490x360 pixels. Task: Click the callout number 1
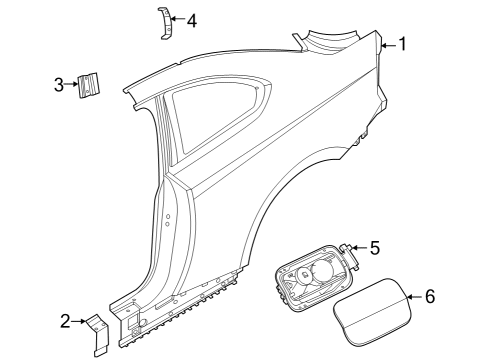point(402,44)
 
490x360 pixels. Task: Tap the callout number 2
point(65,321)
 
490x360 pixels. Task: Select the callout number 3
point(59,84)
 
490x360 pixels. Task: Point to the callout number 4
point(191,19)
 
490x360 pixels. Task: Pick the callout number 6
point(430,297)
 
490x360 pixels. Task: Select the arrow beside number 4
point(177,19)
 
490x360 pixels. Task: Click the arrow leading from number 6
point(414,297)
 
